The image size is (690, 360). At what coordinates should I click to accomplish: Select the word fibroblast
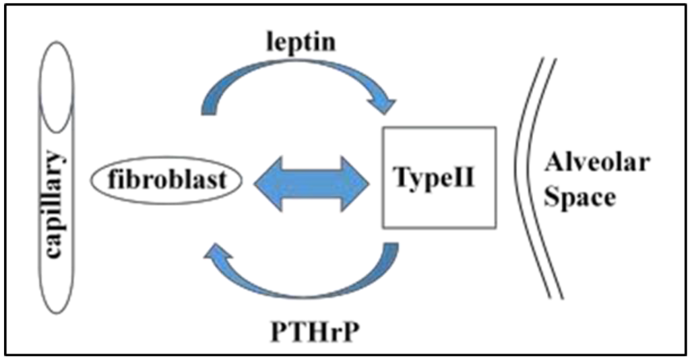(166, 180)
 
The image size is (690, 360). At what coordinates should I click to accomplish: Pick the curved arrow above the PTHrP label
(303, 283)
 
